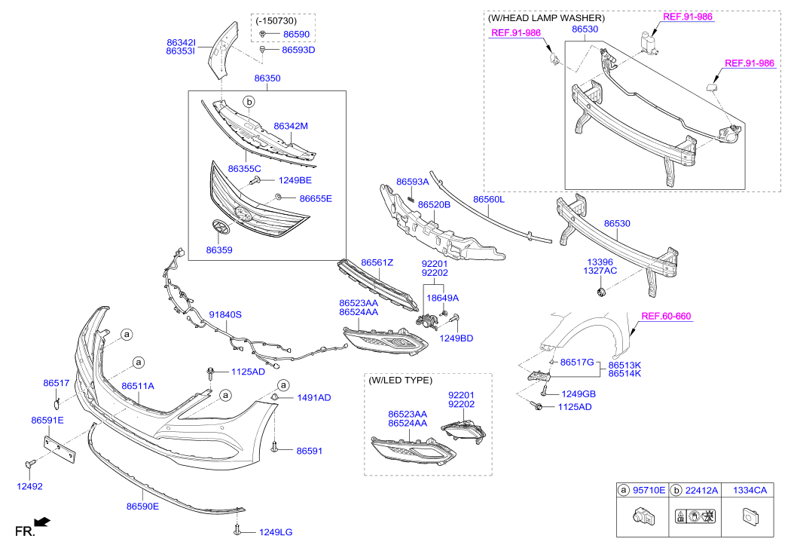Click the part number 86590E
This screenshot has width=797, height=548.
[x=142, y=507]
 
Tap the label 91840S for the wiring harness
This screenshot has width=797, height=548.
[x=225, y=314]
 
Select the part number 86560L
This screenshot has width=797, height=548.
[x=488, y=200]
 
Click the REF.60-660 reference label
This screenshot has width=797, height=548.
[x=666, y=316]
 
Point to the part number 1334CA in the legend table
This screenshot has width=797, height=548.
[x=750, y=491]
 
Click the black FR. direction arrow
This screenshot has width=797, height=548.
[x=42, y=522]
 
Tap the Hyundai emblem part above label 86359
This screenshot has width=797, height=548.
[x=221, y=227]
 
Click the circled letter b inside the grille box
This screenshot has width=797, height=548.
[x=249, y=103]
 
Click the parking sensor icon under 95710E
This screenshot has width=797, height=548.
[x=643, y=516]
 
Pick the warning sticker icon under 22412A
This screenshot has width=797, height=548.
[x=695, y=516]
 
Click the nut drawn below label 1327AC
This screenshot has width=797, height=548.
[x=601, y=292]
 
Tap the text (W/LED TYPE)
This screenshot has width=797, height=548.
[x=401, y=381]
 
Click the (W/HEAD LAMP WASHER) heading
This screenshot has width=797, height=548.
[x=546, y=18]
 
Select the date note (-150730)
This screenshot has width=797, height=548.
[x=276, y=21]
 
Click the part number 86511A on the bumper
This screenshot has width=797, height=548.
[x=138, y=386]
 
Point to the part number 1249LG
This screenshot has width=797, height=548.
[x=276, y=532]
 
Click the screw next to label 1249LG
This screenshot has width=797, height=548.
[x=237, y=530]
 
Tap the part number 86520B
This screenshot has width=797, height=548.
[x=434, y=204]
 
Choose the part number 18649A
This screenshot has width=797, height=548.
[x=442, y=298]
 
